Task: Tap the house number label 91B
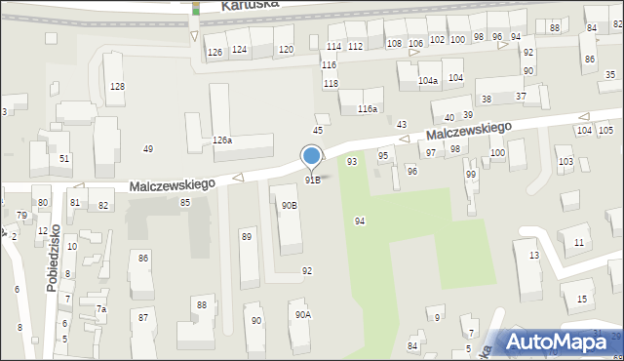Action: point(313,180)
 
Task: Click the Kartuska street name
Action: point(251,4)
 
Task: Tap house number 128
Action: point(117,87)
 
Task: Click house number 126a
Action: point(222,140)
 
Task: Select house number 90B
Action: point(290,205)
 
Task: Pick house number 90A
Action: point(303,314)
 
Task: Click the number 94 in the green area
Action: point(360,221)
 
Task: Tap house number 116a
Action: point(367,108)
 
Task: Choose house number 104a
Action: point(427,81)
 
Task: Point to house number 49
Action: point(148,148)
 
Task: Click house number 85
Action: point(184,202)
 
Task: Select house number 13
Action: point(533,255)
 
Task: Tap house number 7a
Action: point(100,308)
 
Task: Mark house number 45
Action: point(317,130)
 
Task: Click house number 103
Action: point(565,161)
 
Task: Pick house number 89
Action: point(247,236)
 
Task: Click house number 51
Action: point(64,158)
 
